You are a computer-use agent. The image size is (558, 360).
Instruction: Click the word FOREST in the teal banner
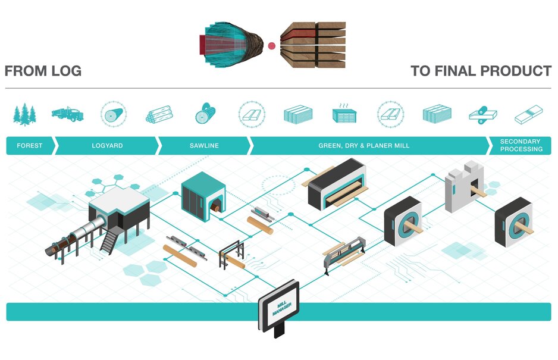pyautogui.click(x=29, y=146)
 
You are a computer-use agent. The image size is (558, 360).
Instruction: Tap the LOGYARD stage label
pyautogui.click(x=107, y=146)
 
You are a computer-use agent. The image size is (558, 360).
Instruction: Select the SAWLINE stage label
pyautogui.click(x=204, y=146)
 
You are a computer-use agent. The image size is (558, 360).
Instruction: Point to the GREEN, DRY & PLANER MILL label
pyautogui.click(x=364, y=146)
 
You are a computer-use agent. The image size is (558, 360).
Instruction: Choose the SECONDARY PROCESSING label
pyautogui.click(x=521, y=146)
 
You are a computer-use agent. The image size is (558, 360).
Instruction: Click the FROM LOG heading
pyautogui.click(x=43, y=71)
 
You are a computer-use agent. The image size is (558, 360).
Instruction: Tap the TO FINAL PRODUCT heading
pyautogui.click(x=481, y=71)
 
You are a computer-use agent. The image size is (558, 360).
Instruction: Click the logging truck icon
pyautogui.click(x=67, y=113)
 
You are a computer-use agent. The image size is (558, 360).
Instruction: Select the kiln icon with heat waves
pyautogui.click(x=344, y=113)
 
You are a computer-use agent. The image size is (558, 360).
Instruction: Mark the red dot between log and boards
pyautogui.click(x=272, y=45)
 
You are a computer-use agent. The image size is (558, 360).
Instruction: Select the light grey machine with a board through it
pyautogui.click(x=464, y=184)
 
